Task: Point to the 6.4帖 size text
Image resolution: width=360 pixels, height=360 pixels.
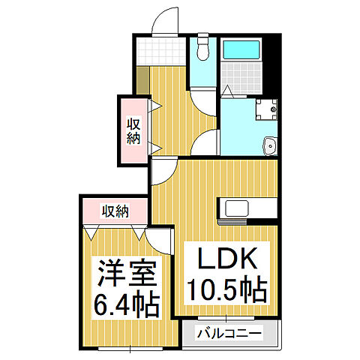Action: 126,304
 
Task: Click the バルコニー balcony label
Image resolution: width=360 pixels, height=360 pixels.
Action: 229,332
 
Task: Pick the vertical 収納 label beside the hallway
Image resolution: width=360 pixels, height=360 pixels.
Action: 133,131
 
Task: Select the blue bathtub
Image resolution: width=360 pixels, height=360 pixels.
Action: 241,51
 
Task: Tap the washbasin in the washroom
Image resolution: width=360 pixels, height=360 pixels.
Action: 270,145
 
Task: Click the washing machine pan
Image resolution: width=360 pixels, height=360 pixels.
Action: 265,109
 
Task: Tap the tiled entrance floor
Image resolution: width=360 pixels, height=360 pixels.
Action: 160,50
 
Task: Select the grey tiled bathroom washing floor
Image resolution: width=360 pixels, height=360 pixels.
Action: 241,78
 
